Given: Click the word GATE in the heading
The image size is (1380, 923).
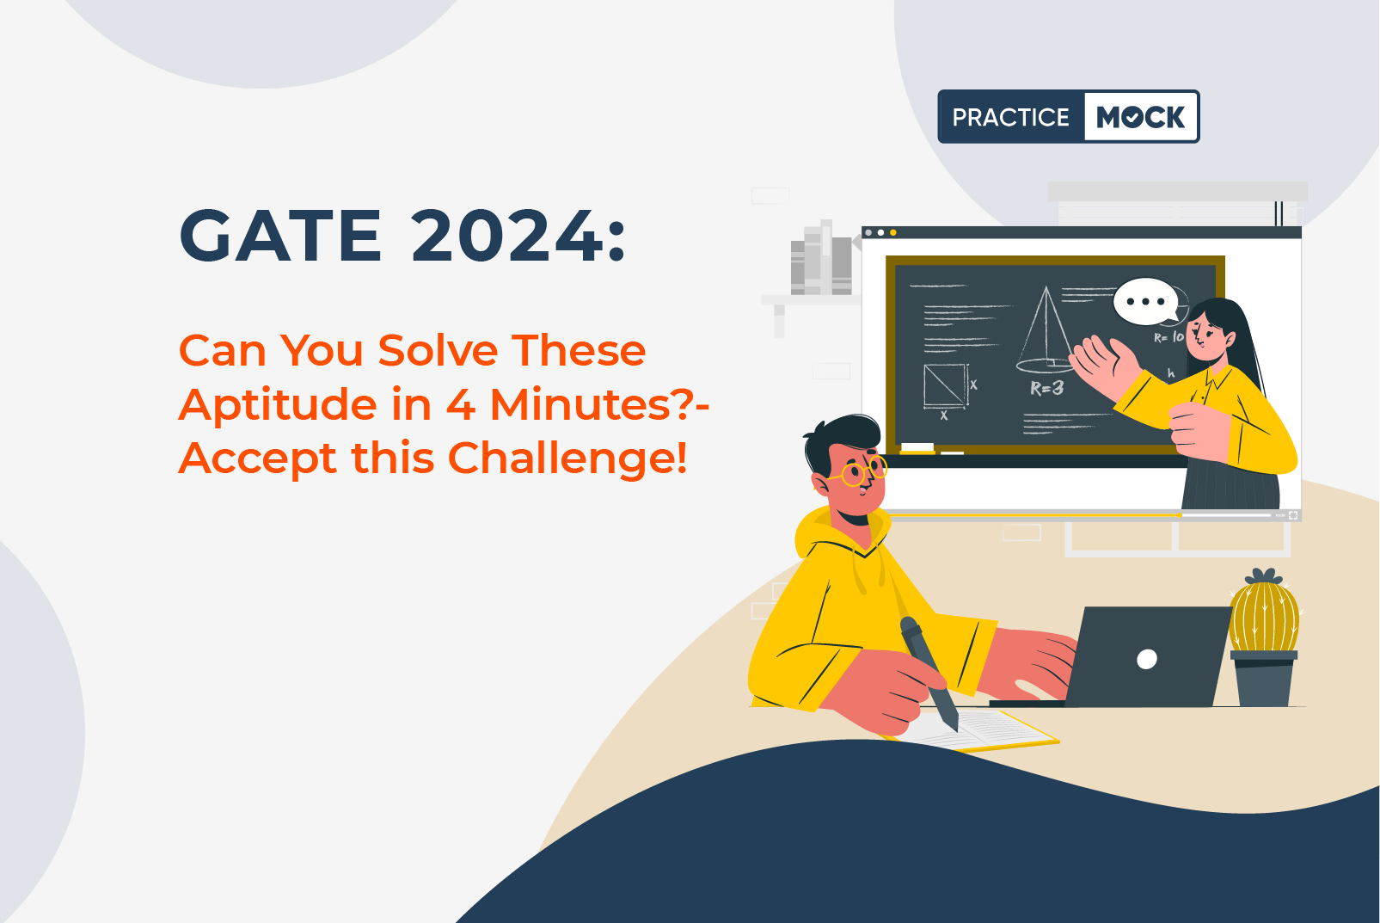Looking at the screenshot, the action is point(280,236).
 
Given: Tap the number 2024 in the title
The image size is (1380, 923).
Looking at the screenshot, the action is point(507,236).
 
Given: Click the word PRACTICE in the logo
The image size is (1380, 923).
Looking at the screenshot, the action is point(1010,117).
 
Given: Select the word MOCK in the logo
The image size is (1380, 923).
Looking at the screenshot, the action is point(1140,116).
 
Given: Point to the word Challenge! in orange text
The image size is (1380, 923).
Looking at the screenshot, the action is point(567,458).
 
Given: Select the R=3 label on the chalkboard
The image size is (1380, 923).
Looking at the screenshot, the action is point(1047,388).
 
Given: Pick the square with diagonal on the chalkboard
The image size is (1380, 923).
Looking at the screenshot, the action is point(945,385).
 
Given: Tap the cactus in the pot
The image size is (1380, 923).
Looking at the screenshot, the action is point(1264,612).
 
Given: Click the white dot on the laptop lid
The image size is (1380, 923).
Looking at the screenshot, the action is point(1146,659).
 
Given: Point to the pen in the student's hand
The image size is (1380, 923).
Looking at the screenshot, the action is point(929,673).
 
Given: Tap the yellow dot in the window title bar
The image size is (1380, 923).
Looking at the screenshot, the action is point(893,233).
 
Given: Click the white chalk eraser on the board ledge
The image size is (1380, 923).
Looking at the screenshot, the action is point(917,447).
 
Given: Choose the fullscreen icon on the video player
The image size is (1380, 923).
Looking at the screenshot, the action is point(1294,515).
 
